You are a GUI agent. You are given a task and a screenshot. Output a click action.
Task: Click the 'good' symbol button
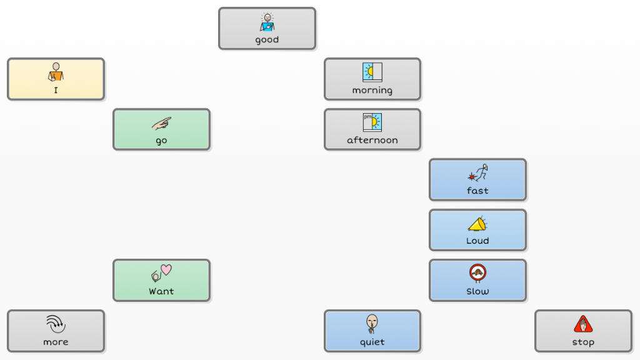click(x=267, y=29)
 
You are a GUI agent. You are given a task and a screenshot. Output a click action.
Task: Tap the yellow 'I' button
click(x=56, y=79)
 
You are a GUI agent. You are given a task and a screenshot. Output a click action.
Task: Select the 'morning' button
click(x=372, y=79)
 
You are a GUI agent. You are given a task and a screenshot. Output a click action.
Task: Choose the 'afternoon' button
click(x=372, y=129)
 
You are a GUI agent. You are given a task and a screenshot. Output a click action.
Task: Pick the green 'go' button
click(x=161, y=129)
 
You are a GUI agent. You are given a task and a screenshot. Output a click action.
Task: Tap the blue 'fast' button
click(x=477, y=180)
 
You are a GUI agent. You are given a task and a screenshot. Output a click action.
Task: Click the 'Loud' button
click(x=477, y=230)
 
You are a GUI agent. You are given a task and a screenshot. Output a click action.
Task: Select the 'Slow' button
click(x=477, y=281)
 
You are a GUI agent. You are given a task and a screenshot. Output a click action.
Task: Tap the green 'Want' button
click(x=161, y=281)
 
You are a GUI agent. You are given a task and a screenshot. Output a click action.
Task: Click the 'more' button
click(x=56, y=331)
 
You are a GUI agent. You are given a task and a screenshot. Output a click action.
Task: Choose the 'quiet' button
click(x=372, y=331)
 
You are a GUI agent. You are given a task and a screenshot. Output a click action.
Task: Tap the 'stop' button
click(x=583, y=331)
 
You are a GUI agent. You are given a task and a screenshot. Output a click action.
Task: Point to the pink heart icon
click(x=166, y=269)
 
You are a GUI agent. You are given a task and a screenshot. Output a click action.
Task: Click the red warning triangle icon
click(x=583, y=324)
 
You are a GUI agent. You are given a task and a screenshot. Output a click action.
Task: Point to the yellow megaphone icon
click(x=477, y=223)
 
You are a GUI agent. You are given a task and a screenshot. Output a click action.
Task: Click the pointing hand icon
click(x=161, y=123)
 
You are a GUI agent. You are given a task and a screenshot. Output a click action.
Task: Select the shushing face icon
click(x=372, y=323)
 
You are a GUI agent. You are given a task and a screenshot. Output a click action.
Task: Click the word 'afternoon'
click(x=372, y=141)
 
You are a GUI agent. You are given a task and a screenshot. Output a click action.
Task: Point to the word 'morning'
click(x=372, y=91)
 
